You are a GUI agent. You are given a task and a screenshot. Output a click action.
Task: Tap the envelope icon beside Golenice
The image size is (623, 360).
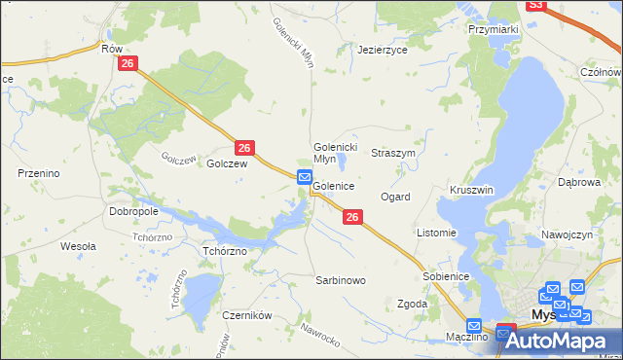coord(305,178)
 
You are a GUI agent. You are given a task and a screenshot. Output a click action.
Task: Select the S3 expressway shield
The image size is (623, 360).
coord(535,5)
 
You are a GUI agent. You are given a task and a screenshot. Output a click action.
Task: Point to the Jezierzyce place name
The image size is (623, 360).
coord(382,49)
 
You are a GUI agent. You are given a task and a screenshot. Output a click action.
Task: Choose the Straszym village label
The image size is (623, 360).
coord(393,154)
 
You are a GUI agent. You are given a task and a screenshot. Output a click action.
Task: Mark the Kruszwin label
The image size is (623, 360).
coord(472,190)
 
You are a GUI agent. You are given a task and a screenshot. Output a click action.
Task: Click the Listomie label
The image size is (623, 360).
coord(436,234)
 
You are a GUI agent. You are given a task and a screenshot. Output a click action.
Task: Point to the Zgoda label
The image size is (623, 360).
coord(412,304)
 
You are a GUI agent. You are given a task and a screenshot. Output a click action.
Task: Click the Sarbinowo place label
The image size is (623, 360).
coord(340,280)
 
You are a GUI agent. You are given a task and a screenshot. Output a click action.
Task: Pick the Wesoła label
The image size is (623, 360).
coord(78,246)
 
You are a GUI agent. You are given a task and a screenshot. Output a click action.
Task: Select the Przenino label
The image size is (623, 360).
coord(40,173)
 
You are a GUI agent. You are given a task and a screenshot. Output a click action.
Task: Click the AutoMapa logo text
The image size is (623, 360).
coord(565,341)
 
